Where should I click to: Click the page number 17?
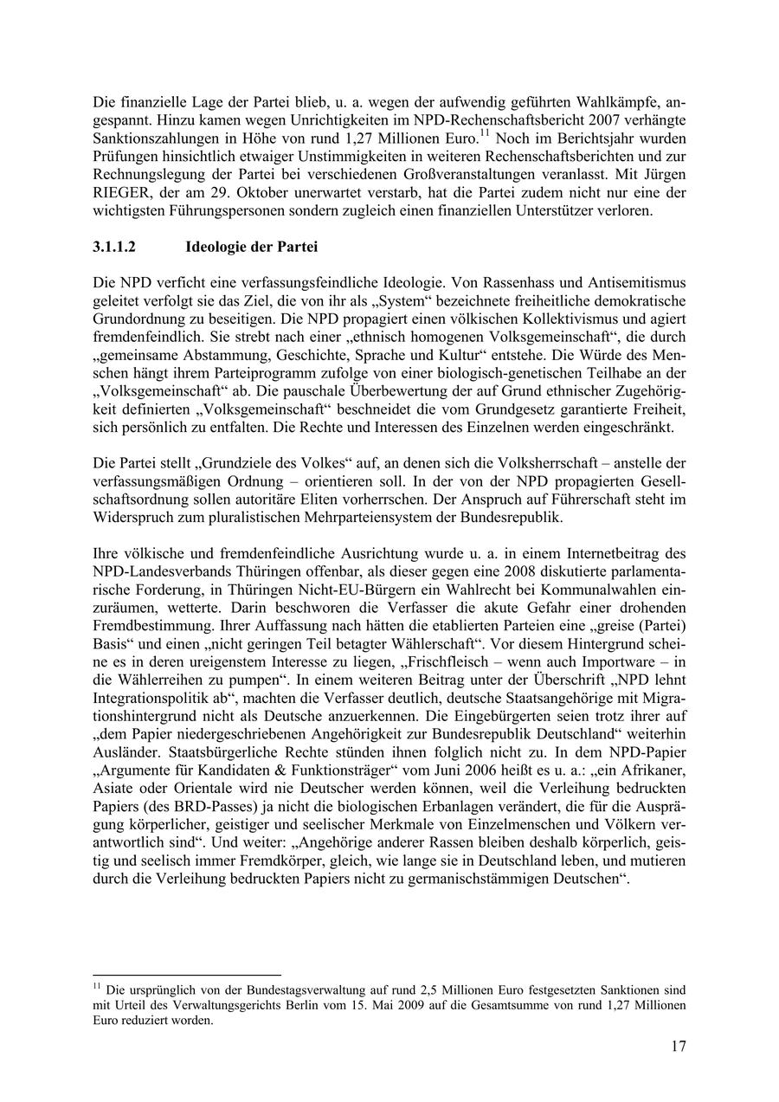679,1047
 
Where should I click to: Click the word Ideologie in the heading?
217,247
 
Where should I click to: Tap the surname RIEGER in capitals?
120,193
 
